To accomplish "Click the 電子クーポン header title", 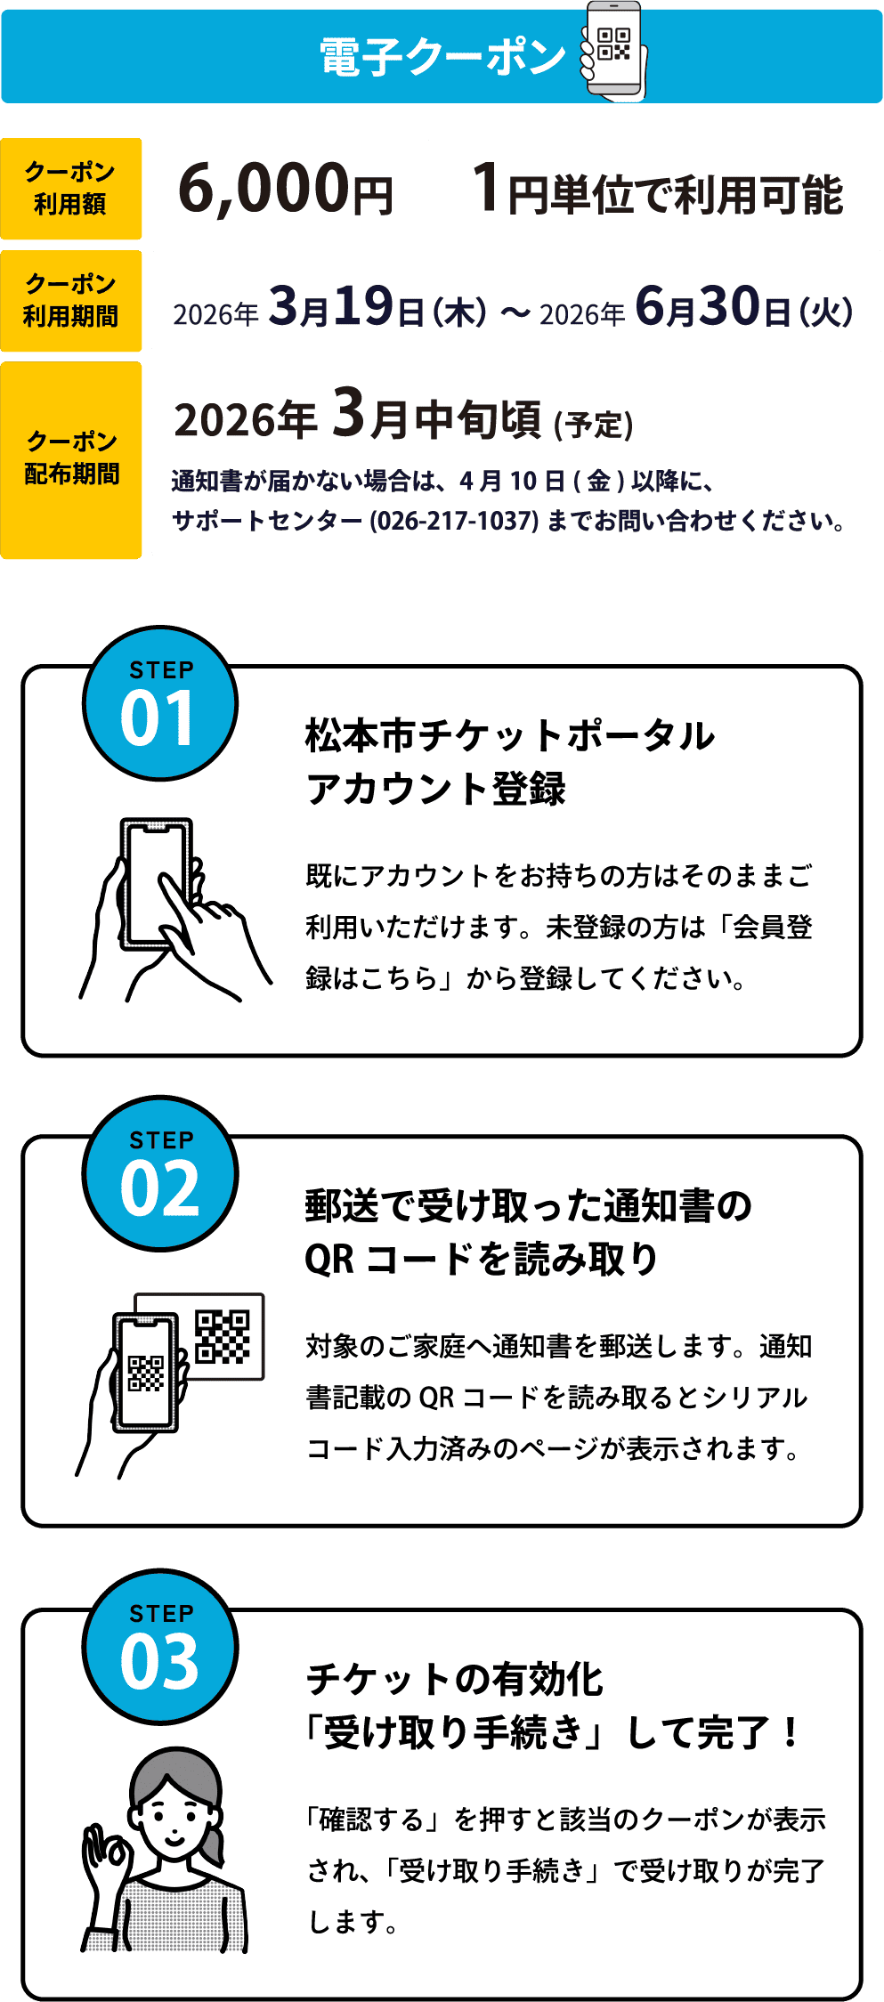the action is pyautogui.click(x=442, y=57).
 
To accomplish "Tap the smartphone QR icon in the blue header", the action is pyautogui.click(x=613, y=51).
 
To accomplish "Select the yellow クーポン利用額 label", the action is pyautogui.click(x=71, y=189).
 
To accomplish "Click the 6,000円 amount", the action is pyautogui.click(x=285, y=189).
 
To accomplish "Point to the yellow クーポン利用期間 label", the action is pyautogui.click(x=71, y=301).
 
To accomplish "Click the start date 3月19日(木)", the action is pyautogui.click(x=378, y=306).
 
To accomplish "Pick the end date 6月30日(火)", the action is pyautogui.click(x=744, y=306).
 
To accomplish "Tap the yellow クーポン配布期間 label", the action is pyautogui.click(x=71, y=459).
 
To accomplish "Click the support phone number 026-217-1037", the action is pyautogui.click(x=454, y=521).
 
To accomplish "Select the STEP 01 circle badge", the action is pyautogui.click(x=160, y=703).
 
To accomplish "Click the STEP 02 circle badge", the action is pyautogui.click(x=160, y=1173).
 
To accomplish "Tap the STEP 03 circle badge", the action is pyautogui.click(x=160, y=1647).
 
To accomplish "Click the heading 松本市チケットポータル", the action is pyautogui.click(x=510, y=736).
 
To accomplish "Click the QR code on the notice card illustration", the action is pyautogui.click(x=223, y=1336).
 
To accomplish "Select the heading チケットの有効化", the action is pyautogui.click(x=455, y=1680).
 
